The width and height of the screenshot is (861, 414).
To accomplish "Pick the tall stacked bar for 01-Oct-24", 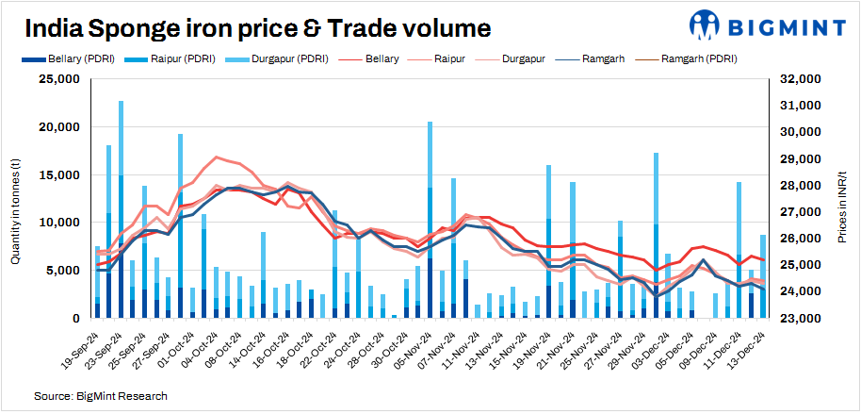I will click(180, 226).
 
